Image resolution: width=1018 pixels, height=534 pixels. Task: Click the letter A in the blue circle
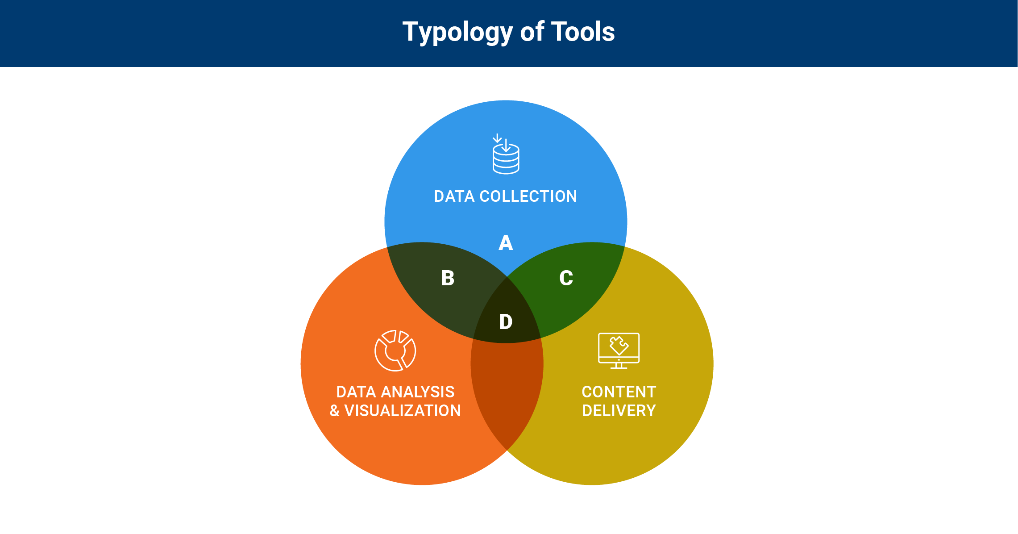[x=506, y=243]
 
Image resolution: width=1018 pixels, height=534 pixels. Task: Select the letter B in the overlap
[x=448, y=278]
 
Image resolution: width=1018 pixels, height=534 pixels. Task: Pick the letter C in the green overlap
[x=566, y=278]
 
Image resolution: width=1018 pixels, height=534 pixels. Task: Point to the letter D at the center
[x=506, y=322]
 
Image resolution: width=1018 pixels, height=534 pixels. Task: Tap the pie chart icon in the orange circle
[x=395, y=350]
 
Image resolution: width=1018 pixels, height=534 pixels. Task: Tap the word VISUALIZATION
[x=403, y=411]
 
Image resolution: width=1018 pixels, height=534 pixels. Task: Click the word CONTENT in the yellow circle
[x=619, y=392]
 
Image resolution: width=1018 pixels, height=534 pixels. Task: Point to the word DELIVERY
[x=619, y=411]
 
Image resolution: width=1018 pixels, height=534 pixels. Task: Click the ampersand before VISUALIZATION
[x=334, y=411]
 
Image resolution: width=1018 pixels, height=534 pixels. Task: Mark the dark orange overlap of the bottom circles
[x=507, y=393]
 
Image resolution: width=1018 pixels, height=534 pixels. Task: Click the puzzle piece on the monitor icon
[x=619, y=345]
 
